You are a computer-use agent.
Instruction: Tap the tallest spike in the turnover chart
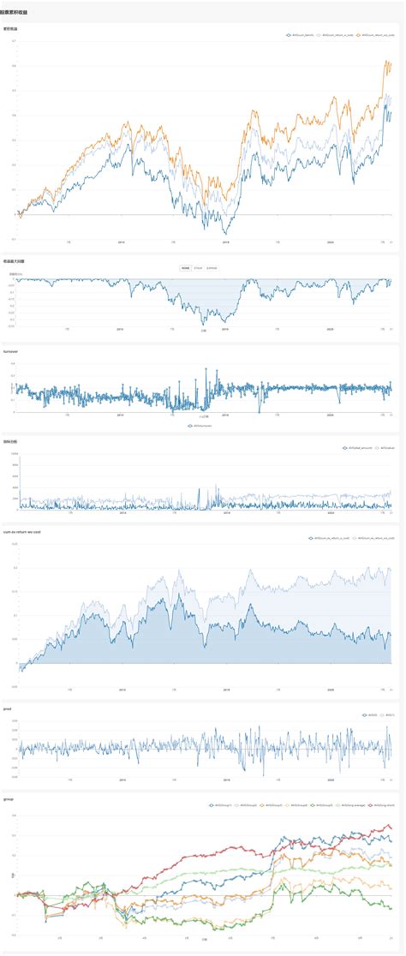206,368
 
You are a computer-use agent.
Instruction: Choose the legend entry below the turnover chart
203,426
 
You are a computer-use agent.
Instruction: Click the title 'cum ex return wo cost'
22,532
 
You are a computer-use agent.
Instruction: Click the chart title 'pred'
8,708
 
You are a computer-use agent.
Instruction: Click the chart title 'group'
9,798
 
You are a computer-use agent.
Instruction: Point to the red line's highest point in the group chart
387,826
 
